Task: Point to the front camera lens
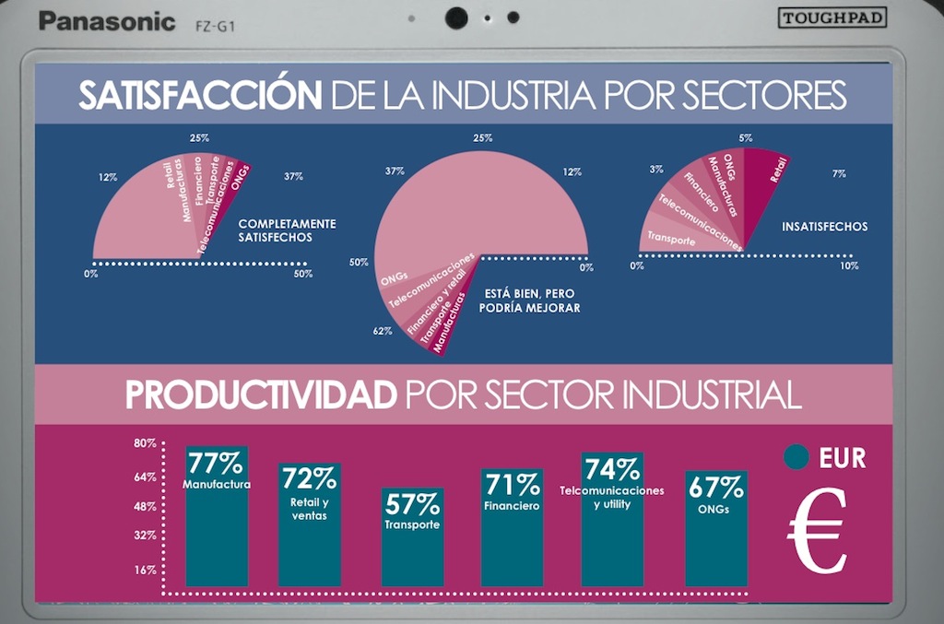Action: coord(455,18)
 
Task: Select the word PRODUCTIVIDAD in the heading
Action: coord(261,396)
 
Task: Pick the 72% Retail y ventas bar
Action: coord(310,524)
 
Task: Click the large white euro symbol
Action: coord(817,529)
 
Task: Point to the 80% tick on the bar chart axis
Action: coord(145,443)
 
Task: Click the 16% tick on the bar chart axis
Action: coord(145,571)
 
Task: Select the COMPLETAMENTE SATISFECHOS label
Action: coord(287,230)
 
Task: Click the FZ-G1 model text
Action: coord(215,22)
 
